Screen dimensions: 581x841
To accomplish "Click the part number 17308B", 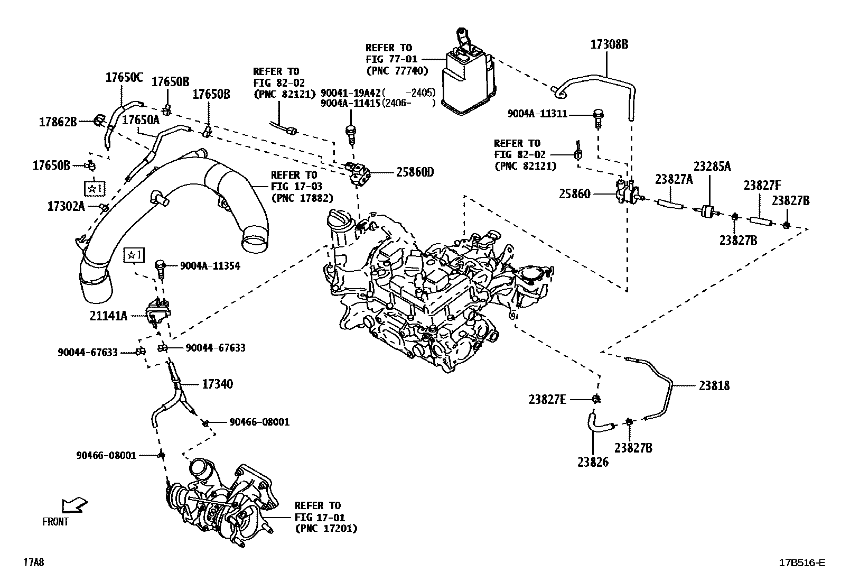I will coord(609,44).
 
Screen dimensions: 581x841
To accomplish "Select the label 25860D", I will coord(415,172).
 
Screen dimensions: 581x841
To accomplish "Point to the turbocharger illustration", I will coord(222,500).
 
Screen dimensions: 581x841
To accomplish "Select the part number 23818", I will coord(714,386).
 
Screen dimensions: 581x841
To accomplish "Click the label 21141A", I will coord(108,316).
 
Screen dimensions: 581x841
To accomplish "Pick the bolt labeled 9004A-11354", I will coord(160,266).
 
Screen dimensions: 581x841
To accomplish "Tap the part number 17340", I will coord(217,384).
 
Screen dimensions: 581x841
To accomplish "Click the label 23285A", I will coord(712,167).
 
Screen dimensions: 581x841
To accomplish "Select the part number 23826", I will coord(593,462).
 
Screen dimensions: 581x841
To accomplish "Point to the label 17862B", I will coord(58,122).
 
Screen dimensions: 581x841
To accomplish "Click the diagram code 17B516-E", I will coord(801,562).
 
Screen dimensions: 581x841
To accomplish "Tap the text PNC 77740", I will coord(397,70).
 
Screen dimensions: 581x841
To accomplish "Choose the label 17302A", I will coord(66,206).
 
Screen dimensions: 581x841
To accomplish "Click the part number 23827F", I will coord(762,186).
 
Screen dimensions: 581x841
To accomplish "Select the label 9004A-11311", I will coord(537,114).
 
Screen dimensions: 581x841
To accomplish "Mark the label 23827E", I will coord(547,400).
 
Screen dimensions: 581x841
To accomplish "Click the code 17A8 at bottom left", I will coord(33,562).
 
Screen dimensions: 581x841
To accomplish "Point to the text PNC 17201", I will coord(326,528).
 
